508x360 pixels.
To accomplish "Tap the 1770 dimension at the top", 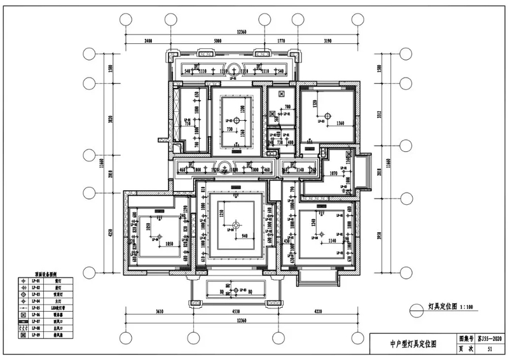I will (280, 40).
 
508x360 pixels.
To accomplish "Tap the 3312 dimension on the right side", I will (380, 115).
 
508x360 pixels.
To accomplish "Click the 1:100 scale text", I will (467, 307).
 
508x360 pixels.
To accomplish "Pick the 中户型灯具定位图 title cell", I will (413, 344).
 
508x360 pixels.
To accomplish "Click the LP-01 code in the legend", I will (37, 280).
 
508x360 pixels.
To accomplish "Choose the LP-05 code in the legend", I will (37, 307).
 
